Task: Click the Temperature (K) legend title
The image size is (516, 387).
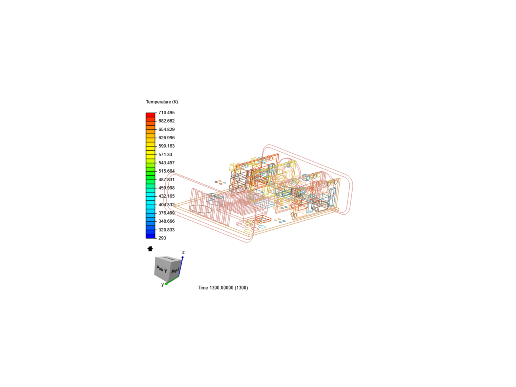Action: pos(162,102)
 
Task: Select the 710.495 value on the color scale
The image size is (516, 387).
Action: pos(166,113)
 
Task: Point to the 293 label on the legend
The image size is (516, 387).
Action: pos(162,238)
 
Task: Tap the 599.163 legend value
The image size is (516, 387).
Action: pos(166,146)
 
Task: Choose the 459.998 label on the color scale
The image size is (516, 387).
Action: pos(166,188)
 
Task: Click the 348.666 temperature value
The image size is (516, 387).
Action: pos(166,221)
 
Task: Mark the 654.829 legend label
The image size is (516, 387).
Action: pos(166,129)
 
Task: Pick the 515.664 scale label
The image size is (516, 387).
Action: pos(166,171)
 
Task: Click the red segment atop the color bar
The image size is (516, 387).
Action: pos(150,115)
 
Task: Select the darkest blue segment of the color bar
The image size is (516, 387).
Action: pos(150,236)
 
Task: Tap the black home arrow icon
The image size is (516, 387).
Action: pos(150,249)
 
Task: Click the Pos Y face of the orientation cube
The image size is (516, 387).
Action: pos(162,269)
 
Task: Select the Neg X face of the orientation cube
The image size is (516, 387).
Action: pos(175,271)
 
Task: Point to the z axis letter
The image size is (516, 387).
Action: pos(183,252)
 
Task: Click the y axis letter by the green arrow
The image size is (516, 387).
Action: pos(162,285)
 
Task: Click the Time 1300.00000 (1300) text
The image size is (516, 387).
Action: pos(223,288)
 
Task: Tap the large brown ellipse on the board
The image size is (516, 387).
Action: pos(201,209)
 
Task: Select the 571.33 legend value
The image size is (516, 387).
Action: pos(165,154)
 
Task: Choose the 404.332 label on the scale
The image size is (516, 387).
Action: pos(166,205)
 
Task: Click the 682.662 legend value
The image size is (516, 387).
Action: pos(166,121)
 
